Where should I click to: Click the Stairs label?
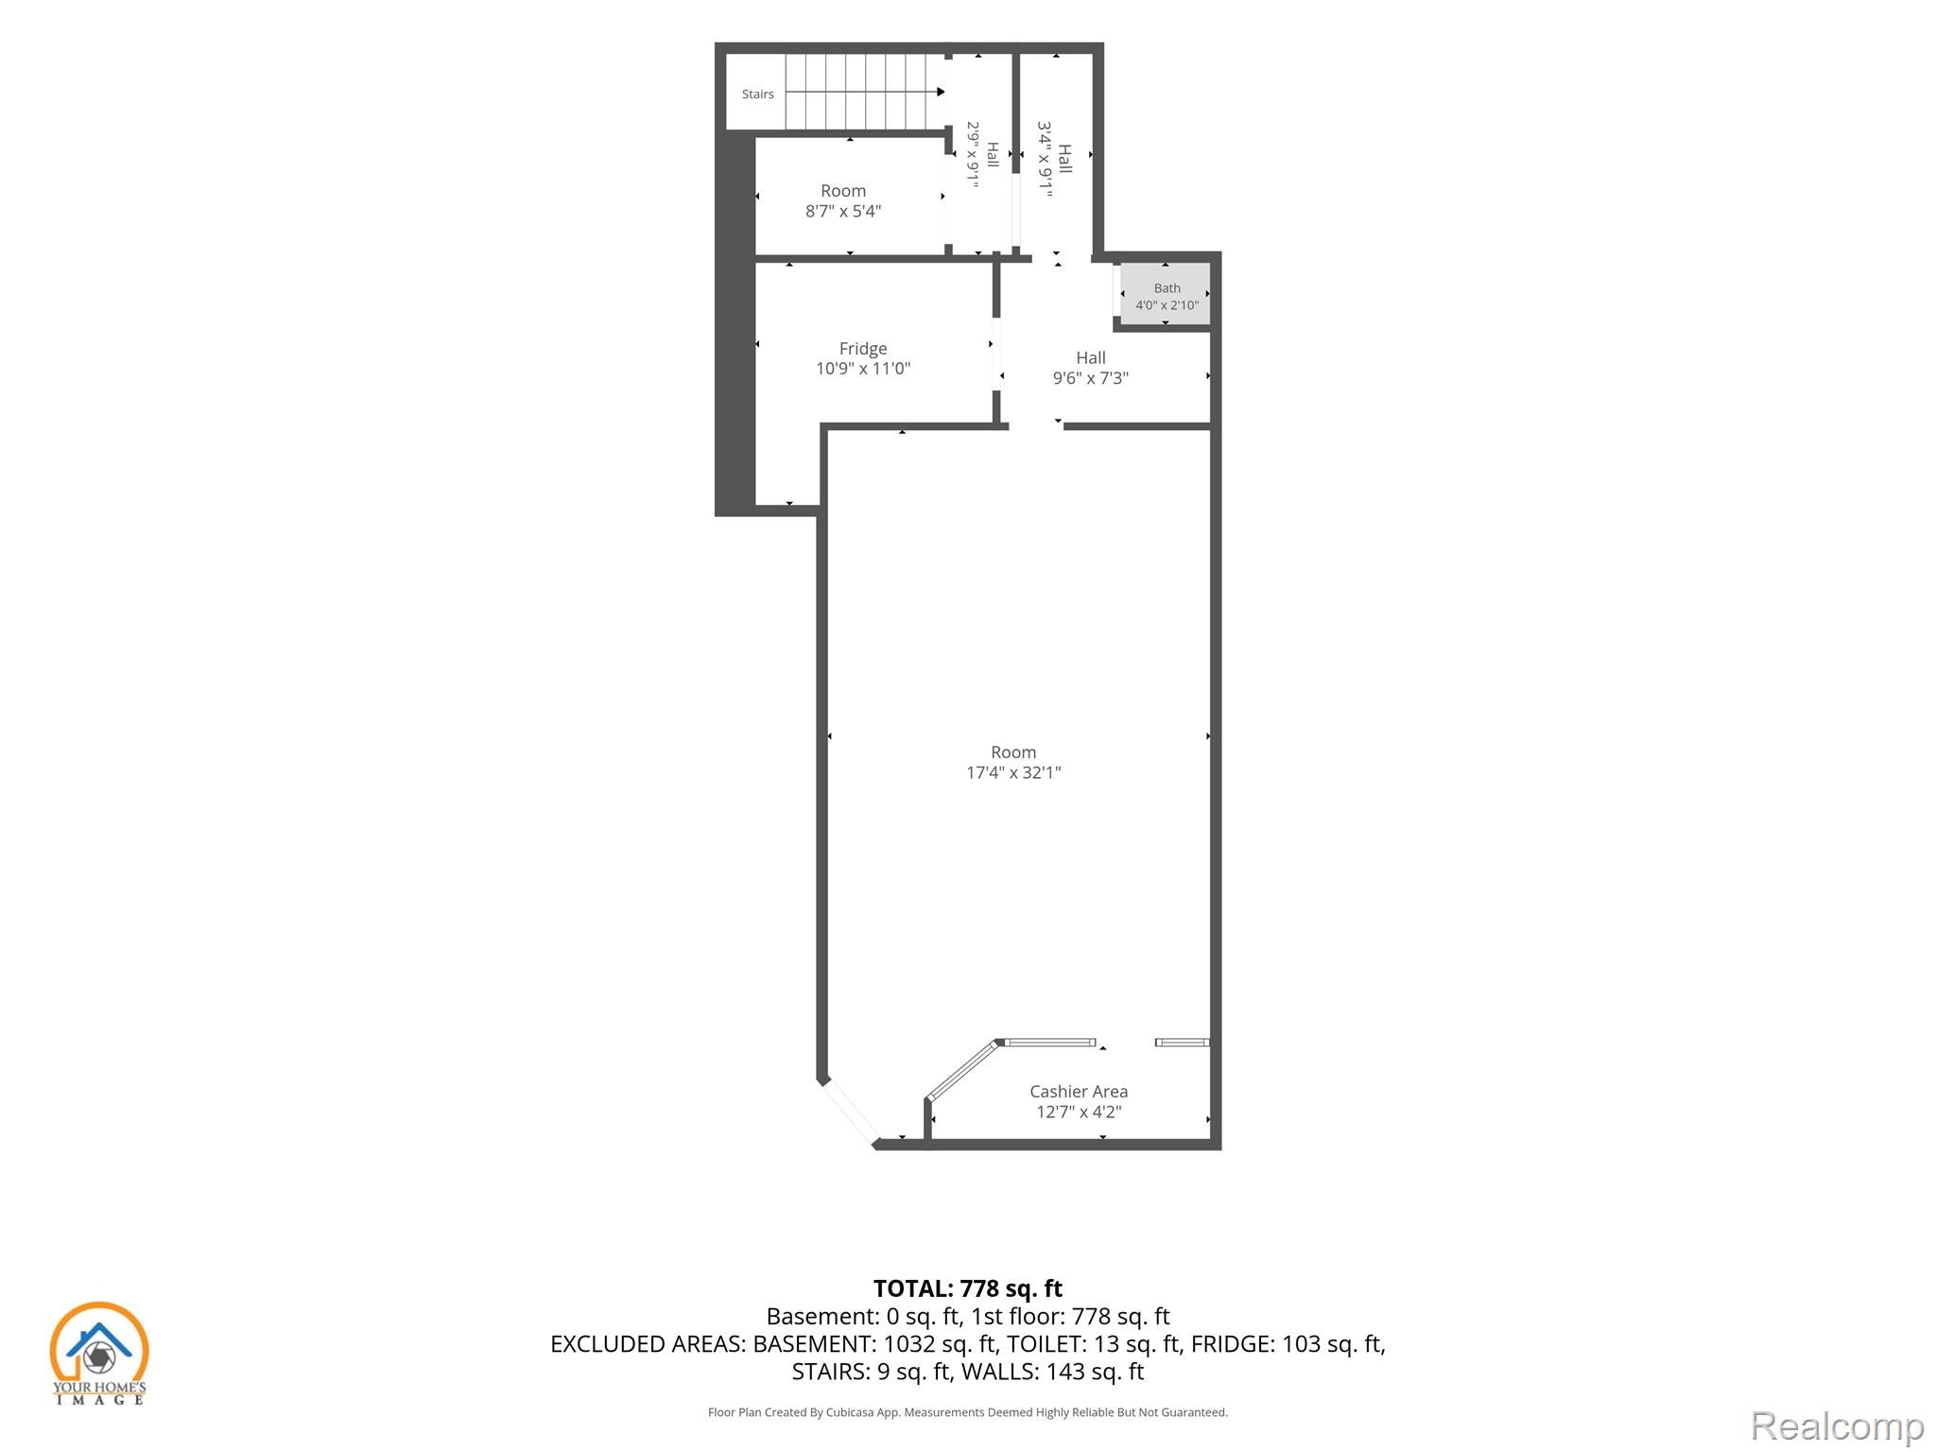pos(757,95)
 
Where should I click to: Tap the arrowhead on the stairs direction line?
pos(941,92)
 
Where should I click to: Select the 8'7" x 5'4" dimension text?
pos(843,211)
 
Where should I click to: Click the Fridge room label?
pos(863,349)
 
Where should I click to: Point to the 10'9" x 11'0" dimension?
pos(863,369)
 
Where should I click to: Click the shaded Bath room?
pos(1166,294)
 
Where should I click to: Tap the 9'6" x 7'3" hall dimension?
pos(1091,378)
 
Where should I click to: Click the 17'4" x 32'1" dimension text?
pos(1013,772)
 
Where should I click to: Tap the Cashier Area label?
pos(1079,1092)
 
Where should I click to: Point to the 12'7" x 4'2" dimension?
pos(1079,1112)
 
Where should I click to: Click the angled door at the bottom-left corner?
pos(850,1111)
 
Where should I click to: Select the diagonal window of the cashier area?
pos(962,1070)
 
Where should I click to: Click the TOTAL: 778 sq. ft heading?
pos(968,1288)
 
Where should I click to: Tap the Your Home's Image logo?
pos(99,1353)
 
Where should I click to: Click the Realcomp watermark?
pos(1837,1426)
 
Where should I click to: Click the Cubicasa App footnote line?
pos(968,1412)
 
